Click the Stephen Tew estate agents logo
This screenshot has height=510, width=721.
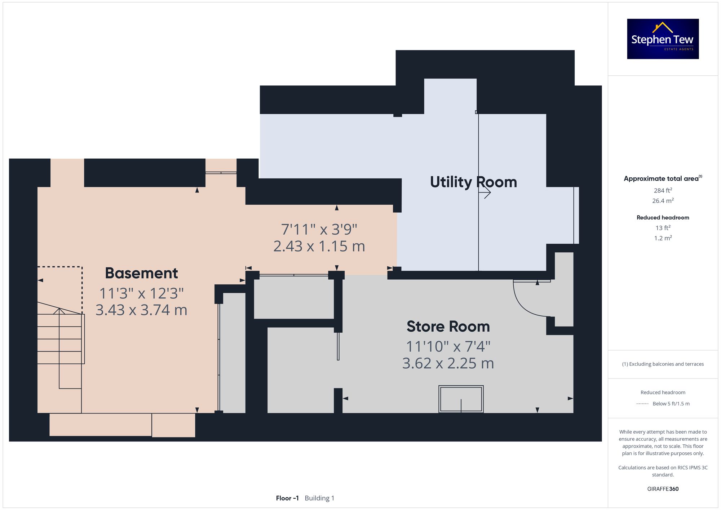(663, 39)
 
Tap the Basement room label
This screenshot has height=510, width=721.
(141, 273)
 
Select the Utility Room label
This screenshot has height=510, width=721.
(473, 182)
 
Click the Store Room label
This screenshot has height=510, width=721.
(448, 327)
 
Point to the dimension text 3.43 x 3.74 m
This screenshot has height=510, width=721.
(141, 310)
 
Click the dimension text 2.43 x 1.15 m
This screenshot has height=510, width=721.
(319, 247)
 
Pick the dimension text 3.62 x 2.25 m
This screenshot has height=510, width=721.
(448, 363)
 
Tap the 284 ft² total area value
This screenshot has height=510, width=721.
(663, 190)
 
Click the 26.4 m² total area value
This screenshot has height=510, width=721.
(663, 200)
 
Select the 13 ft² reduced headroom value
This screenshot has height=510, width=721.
(663, 228)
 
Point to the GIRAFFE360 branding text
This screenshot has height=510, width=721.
(663, 489)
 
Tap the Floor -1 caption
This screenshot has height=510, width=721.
(287, 498)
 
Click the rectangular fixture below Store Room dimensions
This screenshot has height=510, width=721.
(461, 399)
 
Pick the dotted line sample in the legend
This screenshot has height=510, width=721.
(642, 404)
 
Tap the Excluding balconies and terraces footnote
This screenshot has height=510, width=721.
(663, 364)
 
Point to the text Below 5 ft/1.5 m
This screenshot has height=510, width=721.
(671, 404)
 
